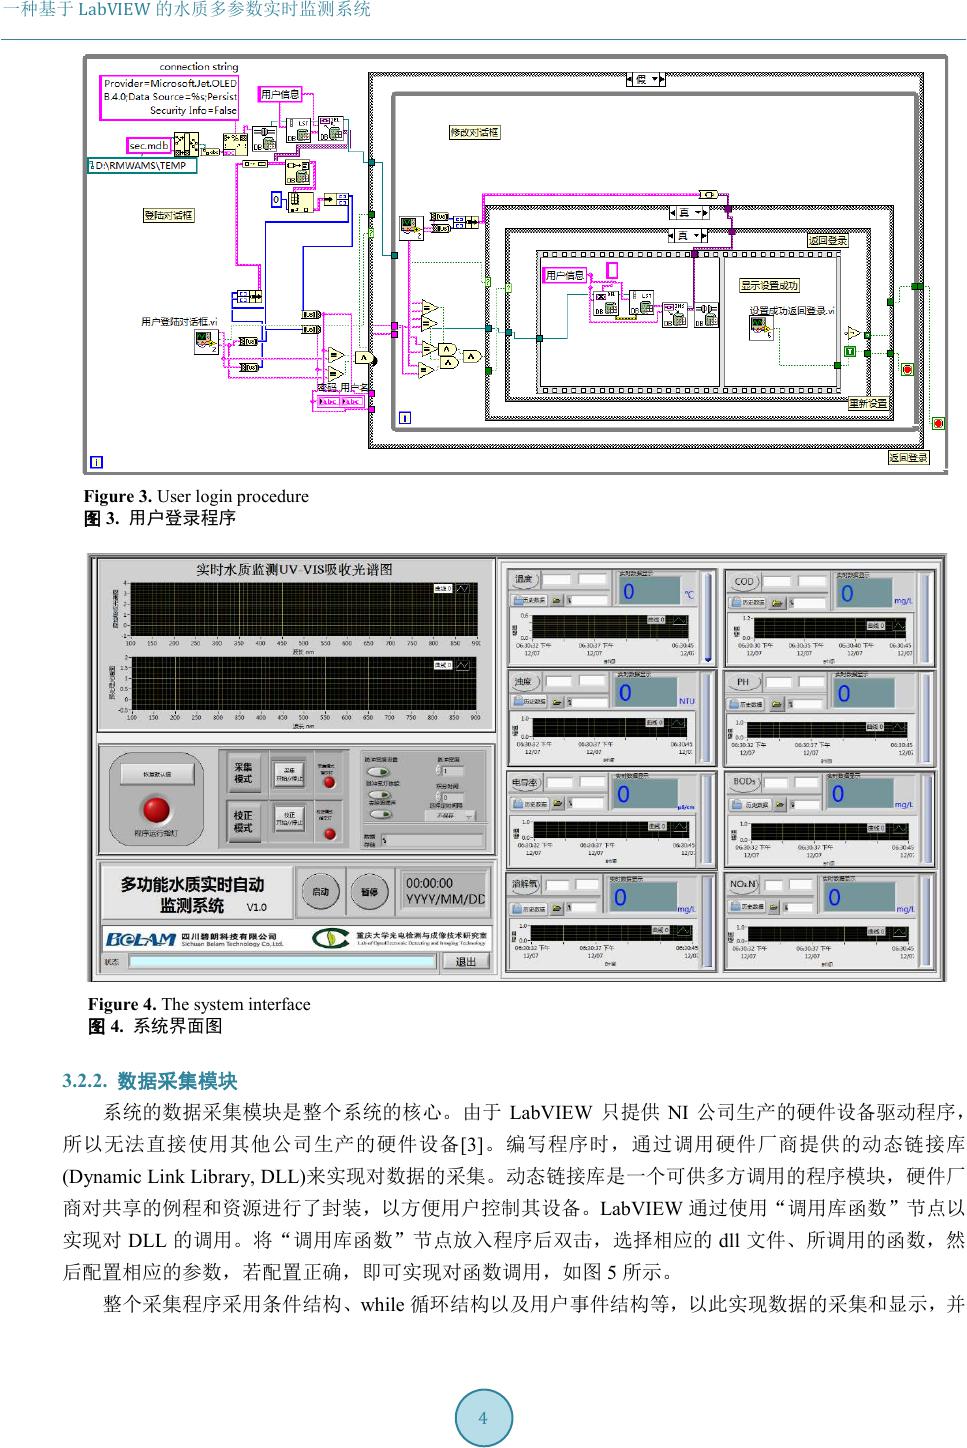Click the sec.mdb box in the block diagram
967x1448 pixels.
150,146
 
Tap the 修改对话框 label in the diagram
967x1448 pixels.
475,132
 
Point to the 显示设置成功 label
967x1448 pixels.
769,286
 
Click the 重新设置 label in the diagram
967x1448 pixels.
868,404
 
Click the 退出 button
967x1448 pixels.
466,961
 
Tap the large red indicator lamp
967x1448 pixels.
157,810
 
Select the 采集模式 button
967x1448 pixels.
243,773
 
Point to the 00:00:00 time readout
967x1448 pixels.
429,883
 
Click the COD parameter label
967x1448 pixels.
745,581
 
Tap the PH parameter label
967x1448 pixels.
743,683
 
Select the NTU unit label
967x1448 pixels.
686,701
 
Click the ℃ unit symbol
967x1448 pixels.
688,595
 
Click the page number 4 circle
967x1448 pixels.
484,1418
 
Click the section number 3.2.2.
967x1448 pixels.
87,1082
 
